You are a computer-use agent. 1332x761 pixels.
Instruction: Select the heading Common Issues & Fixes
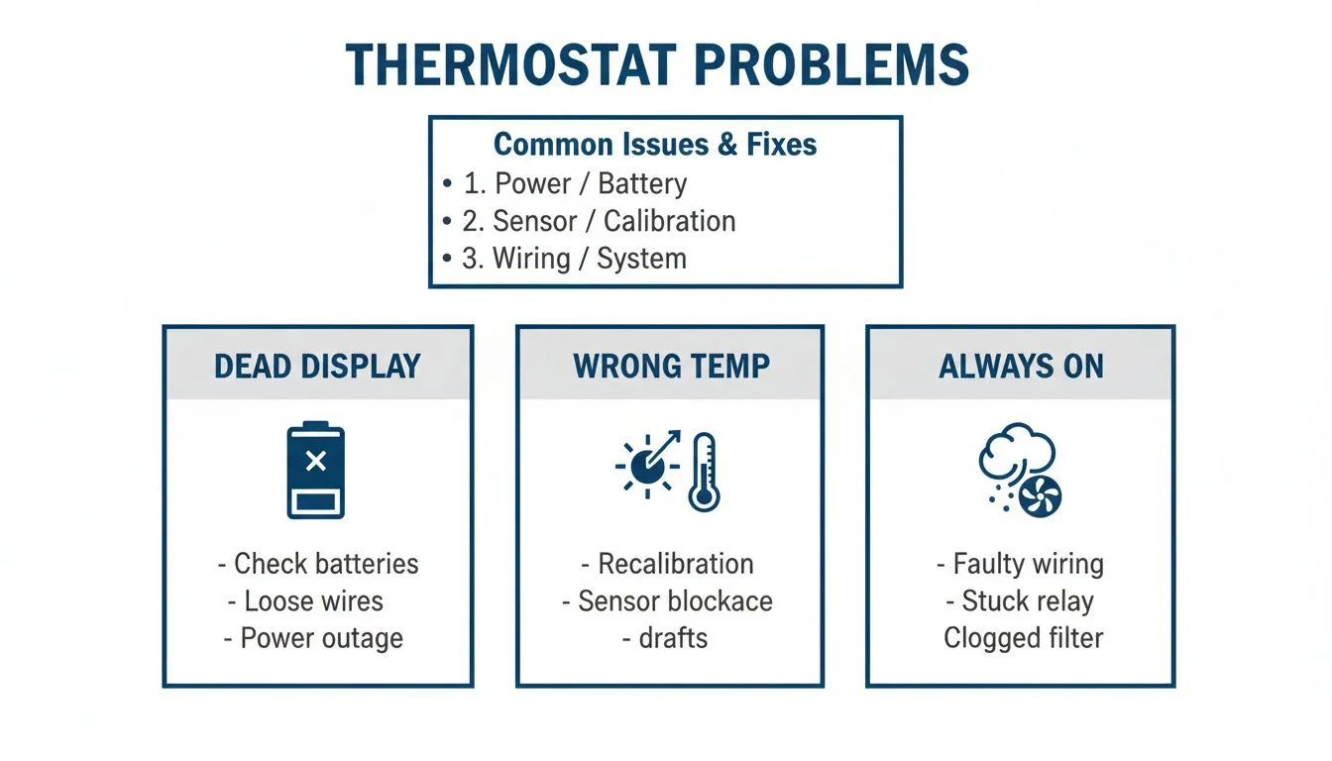(655, 145)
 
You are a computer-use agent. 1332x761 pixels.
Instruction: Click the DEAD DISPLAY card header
(317, 366)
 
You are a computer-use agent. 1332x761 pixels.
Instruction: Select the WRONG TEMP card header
(671, 366)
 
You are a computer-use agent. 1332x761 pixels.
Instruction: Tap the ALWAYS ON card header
(1021, 366)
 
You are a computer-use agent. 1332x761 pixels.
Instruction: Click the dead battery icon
(315, 471)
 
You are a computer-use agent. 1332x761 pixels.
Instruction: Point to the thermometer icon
(704, 471)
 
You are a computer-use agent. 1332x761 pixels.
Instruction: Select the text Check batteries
(326, 564)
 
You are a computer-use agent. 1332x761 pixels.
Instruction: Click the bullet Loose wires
(313, 601)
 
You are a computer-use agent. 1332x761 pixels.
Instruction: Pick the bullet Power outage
(321, 638)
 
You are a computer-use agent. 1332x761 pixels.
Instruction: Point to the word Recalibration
(675, 564)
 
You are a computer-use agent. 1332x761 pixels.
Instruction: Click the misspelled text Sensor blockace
(674, 601)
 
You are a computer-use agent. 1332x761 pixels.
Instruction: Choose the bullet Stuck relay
(1028, 601)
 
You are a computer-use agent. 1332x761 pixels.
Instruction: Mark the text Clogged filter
(1023, 638)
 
